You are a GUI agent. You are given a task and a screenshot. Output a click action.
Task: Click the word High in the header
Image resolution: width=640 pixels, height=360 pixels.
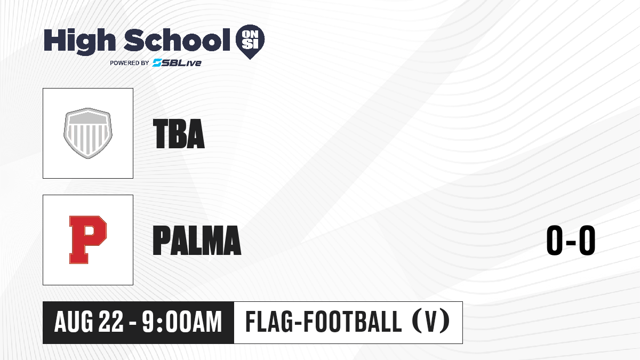[79, 42]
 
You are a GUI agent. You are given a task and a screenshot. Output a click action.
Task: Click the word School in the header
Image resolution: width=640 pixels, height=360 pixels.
[177, 40]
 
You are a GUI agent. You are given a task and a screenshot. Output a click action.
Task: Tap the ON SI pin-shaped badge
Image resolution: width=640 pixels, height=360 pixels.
[250, 42]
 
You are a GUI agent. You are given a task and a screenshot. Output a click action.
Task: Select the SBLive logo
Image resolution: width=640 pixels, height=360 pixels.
[177, 62]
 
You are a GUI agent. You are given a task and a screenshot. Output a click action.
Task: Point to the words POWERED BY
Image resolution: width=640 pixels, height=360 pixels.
[130, 63]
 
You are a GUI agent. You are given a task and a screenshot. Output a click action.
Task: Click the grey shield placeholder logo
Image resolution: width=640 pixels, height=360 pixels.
[87, 133]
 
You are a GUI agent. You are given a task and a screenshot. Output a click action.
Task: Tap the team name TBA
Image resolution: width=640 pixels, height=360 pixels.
[179, 134]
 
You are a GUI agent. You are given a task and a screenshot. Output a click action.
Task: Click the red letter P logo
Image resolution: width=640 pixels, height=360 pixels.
[87, 239]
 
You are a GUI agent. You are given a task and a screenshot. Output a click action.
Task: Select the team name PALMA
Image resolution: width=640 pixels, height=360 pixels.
[197, 240]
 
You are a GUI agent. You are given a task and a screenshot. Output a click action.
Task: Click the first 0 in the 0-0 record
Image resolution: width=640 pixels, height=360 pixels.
[555, 240]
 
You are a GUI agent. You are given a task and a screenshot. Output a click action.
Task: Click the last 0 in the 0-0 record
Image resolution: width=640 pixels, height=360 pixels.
[587, 240]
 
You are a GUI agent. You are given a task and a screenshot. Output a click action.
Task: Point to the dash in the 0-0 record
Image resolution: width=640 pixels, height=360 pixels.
[571, 243]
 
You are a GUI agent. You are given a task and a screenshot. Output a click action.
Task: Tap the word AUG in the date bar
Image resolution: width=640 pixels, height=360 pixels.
[74, 322]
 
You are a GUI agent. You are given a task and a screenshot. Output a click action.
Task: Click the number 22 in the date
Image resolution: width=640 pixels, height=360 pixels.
[111, 322]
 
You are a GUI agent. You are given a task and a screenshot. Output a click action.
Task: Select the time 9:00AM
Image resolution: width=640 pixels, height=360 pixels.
[182, 322]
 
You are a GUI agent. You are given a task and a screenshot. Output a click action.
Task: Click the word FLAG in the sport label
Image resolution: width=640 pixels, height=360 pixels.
[269, 322]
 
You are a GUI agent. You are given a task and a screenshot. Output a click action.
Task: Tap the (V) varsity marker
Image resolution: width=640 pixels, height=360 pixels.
[431, 322]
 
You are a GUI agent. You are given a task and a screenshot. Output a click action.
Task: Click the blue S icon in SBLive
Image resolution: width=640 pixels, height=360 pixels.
[157, 62]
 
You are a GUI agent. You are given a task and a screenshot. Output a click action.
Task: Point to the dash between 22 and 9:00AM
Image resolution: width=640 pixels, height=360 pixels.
[133, 323]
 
